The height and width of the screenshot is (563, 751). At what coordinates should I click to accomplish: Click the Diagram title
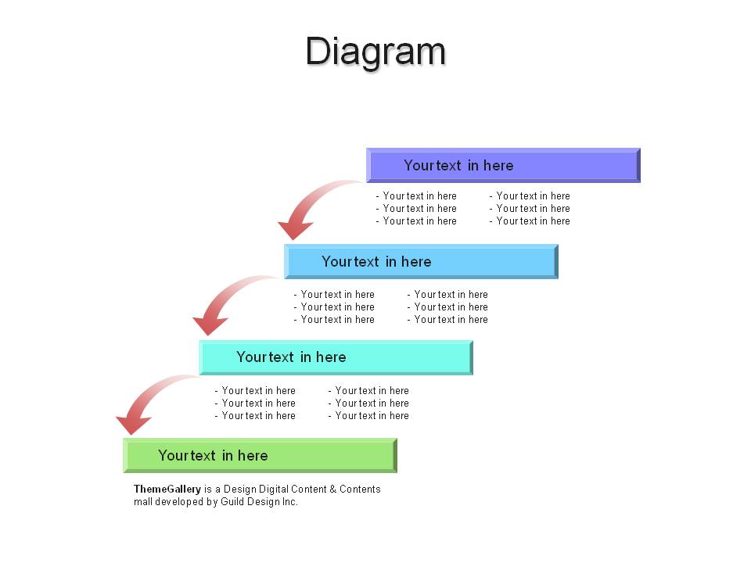coord(376,52)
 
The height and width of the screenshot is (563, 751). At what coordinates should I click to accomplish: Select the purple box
coord(503,165)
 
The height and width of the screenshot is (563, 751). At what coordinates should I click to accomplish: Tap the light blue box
coord(421,261)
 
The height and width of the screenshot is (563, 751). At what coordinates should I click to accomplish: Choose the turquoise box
coord(336,357)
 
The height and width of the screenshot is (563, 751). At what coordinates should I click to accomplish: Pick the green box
coord(260,455)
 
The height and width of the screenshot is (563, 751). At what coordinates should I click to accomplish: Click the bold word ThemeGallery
coord(167,489)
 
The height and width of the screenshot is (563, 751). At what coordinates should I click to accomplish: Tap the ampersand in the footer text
coord(333,489)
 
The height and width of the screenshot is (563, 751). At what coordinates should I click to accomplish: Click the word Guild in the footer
coord(232,502)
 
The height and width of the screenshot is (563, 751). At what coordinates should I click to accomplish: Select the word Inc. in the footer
coord(289,502)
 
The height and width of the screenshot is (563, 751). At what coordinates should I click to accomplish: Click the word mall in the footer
coord(142,502)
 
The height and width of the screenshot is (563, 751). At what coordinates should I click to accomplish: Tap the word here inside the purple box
coord(498,166)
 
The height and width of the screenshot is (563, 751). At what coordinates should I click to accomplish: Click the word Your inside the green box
coord(171,455)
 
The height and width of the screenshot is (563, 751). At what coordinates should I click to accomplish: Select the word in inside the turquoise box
coord(306,357)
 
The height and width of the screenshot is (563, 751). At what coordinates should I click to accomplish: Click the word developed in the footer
coord(179,502)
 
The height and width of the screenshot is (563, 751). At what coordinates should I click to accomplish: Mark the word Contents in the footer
coord(360,489)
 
